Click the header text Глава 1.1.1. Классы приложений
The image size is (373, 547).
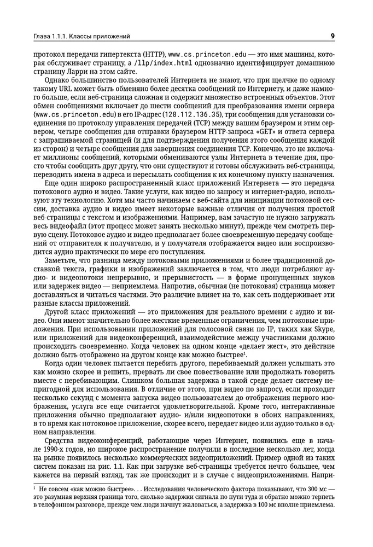(79, 37)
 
